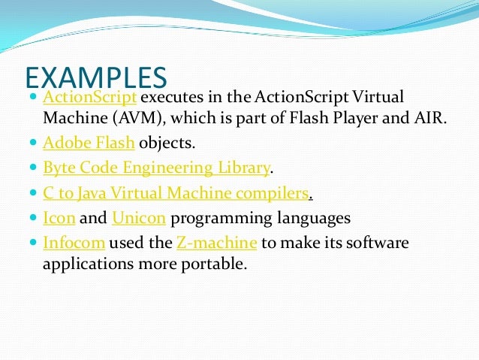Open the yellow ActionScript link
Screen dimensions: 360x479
[x=90, y=98]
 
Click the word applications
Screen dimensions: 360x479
[x=80, y=265]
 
